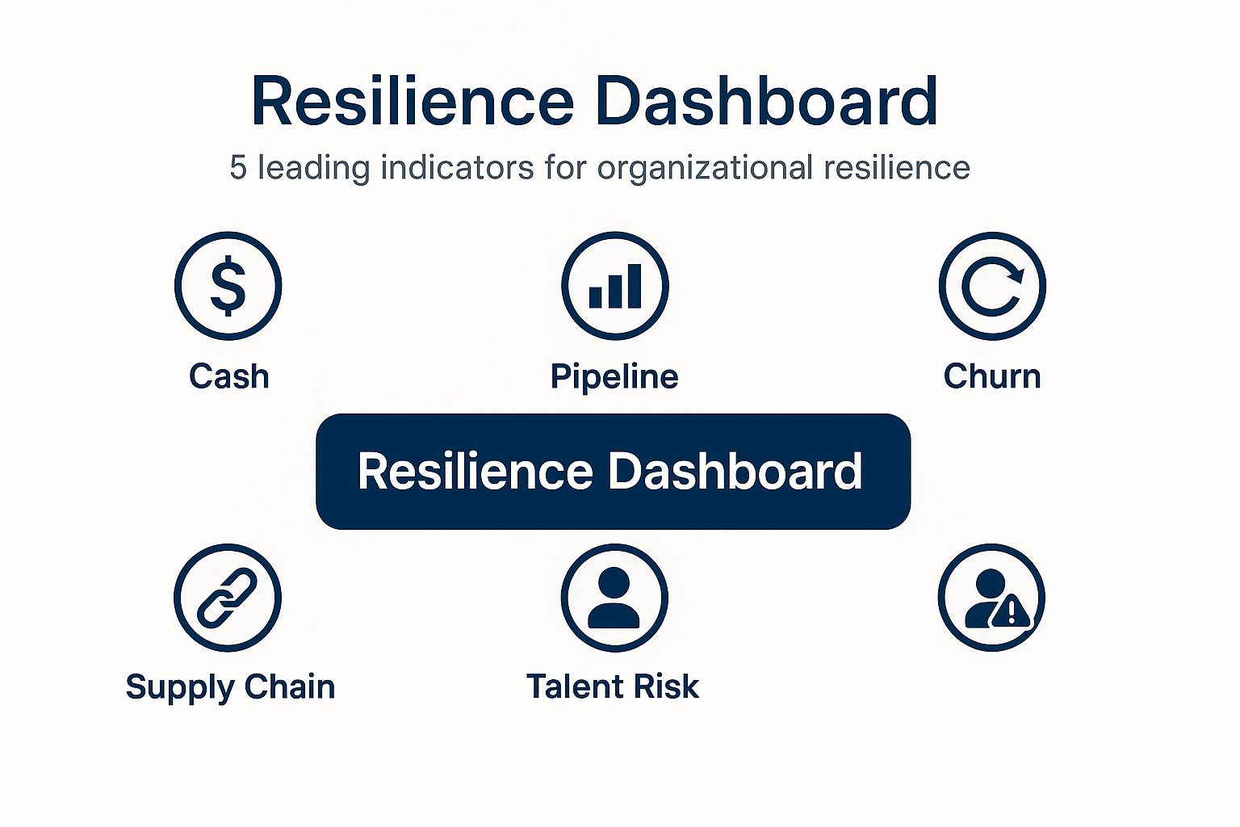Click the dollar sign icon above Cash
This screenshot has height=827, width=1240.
pos(228,286)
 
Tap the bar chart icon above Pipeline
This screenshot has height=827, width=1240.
pos(615,286)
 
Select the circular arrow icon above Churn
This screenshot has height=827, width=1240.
pos(992,286)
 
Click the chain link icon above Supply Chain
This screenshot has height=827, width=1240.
pos(228,598)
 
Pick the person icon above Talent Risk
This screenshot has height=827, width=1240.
pos(614,598)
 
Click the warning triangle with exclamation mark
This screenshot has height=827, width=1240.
pos(1011,611)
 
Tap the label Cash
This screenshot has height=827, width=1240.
pos(229,376)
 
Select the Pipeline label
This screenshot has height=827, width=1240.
pos(614,378)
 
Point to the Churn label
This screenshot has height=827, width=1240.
pos(992,376)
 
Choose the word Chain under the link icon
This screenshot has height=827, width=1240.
pos(290,686)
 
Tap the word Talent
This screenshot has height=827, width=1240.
pos(575,686)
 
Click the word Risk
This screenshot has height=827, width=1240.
pos(667,686)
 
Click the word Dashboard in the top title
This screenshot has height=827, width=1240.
pos(767,101)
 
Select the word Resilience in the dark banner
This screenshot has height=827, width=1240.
pos(475,471)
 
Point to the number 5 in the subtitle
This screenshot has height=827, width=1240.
pos(238,167)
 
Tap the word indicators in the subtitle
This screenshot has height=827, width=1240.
pos(457,167)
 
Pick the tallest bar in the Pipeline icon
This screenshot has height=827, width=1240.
pos(634,286)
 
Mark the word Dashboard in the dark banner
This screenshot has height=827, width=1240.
pos(735,471)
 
